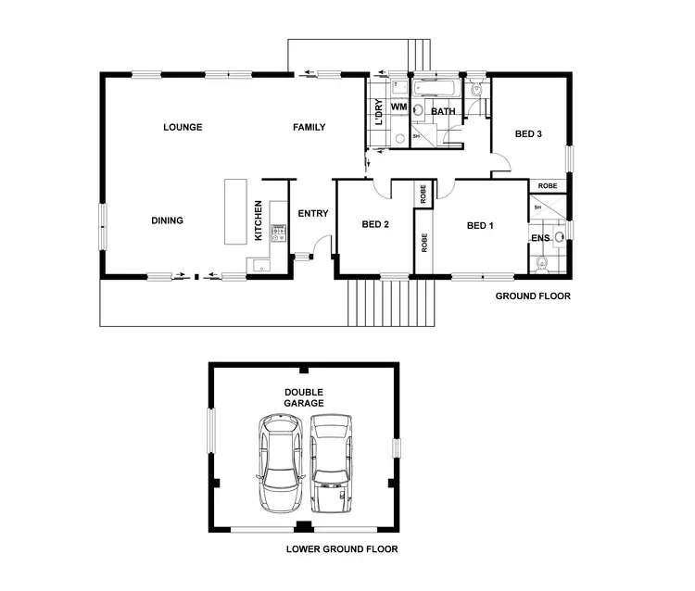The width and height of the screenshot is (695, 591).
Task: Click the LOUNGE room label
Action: click(183, 127)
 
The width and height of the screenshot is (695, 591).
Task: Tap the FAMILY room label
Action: click(310, 127)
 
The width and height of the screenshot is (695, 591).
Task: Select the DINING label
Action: click(167, 220)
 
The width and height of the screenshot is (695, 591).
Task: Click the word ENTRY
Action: click(313, 214)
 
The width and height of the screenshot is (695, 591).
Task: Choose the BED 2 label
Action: click(374, 225)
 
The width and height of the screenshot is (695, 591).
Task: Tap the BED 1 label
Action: click(479, 225)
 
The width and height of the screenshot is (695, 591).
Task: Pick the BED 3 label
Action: click(527, 134)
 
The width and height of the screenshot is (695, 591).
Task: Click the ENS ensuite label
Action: click(540, 239)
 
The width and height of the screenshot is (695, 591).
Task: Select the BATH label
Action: click(443, 112)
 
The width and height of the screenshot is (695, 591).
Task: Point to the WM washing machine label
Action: click(398, 108)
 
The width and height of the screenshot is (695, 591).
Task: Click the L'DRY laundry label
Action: click(379, 113)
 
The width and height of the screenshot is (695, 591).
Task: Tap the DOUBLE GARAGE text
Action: click(304, 397)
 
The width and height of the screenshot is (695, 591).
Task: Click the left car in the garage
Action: click(282, 463)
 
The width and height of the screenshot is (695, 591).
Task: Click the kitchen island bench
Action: click(233, 212)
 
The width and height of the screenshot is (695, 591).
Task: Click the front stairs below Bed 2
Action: click(389, 301)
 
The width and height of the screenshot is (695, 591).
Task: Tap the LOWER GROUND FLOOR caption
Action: click(342, 549)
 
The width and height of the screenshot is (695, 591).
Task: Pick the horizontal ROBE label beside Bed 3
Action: click(547, 185)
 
